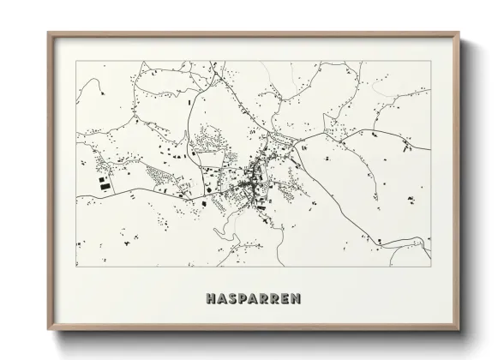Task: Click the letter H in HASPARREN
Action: (211, 299)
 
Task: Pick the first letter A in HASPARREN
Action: (222, 299)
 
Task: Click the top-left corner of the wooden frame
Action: (48, 33)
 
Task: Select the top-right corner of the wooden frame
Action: (460, 33)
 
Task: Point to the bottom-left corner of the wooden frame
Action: (48, 330)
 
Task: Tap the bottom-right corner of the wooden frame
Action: (460, 330)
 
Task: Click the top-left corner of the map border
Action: (77, 62)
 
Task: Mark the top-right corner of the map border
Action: (431, 62)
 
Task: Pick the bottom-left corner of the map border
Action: (77, 266)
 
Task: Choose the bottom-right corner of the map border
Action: (431, 266)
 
